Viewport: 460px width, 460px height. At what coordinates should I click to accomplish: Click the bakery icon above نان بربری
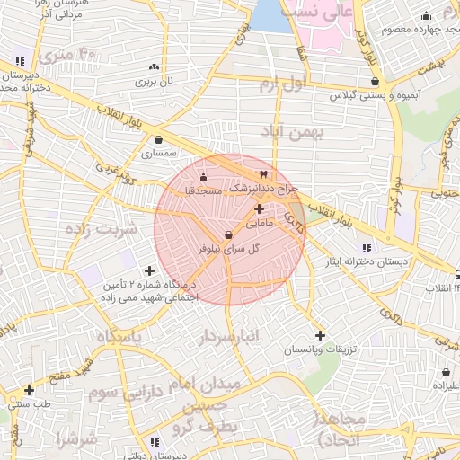tap(153, 66)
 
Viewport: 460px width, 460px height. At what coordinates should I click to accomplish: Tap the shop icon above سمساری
tap(159, 139)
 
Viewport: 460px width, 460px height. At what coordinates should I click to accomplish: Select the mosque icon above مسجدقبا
tap(202, 176)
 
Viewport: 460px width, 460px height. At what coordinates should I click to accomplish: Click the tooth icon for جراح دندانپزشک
tap(263, 173)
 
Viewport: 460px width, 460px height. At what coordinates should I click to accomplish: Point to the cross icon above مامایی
tap(259, 208)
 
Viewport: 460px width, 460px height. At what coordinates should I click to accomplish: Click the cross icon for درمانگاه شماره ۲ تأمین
tap(149, 270)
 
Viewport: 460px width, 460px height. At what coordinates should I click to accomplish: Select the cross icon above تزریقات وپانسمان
tap(320, 335)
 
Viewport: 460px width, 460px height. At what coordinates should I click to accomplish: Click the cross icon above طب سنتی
tap(30, 390)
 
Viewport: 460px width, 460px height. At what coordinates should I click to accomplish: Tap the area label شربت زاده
tap(101, 228)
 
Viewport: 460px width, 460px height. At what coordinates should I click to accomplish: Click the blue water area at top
tap(266, 15)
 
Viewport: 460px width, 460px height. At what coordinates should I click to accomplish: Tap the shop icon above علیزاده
tap(447, 372)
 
